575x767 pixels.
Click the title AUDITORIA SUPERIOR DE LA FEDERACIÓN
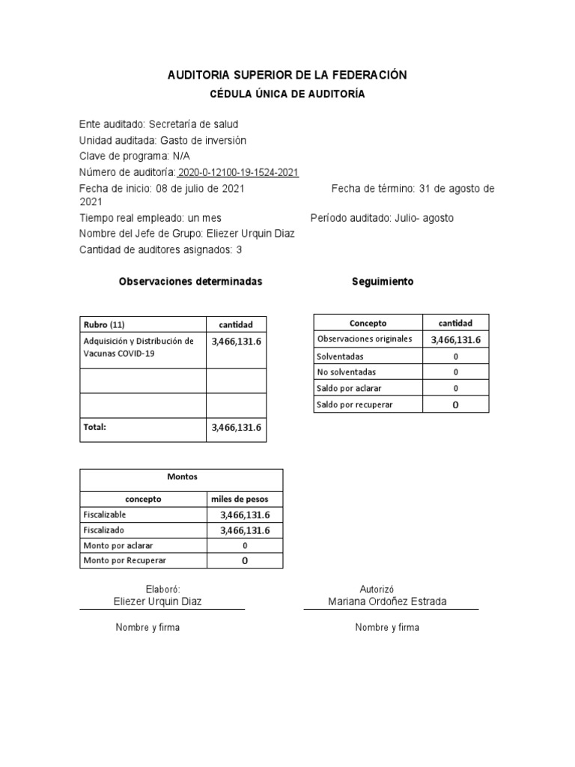287,76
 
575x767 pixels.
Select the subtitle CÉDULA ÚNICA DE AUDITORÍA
287,94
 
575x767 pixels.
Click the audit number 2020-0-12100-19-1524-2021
239,172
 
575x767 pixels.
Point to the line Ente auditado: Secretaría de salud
159,124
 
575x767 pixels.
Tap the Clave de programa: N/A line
135,157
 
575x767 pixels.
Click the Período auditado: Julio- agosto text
382,218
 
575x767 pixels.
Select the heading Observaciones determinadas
190,282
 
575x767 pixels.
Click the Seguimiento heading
382,282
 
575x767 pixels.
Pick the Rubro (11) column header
103,325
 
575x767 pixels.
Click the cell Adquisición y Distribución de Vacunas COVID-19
139,348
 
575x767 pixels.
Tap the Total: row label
95,427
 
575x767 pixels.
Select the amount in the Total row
237,428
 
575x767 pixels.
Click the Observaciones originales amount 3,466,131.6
455,340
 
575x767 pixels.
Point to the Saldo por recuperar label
355,404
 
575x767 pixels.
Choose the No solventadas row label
347,372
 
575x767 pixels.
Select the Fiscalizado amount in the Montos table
245,530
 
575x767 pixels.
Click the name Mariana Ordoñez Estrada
387,602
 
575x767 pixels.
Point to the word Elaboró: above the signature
162,590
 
